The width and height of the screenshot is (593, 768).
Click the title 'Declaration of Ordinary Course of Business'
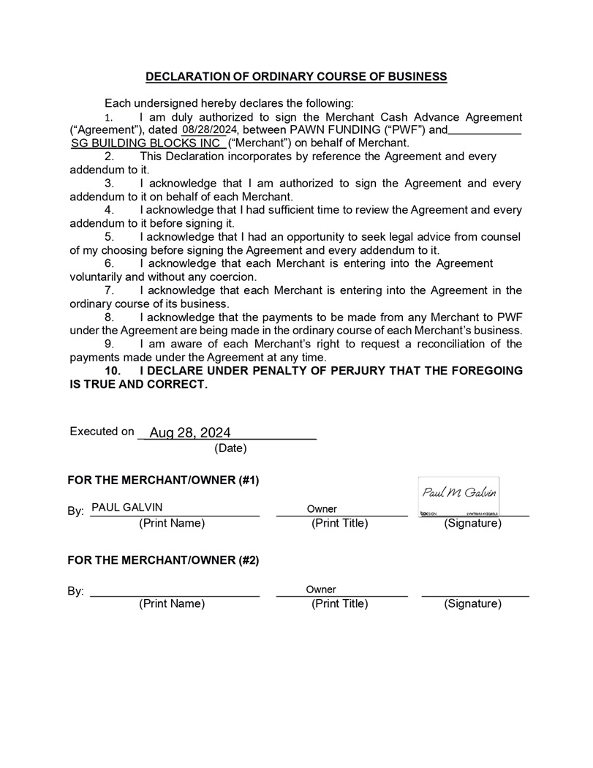click(x=296, y=76)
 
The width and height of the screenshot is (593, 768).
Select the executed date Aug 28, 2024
click(x=190, y=433)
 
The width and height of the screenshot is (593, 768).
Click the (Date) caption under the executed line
click(x=230, y=448)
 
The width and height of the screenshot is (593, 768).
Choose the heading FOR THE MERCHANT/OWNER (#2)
click(x=163, y=560)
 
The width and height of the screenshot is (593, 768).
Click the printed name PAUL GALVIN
click(x=127, y=508)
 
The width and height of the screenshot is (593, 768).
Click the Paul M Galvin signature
click(x=459, y=493)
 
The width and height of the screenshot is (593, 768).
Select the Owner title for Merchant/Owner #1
click(x=322, y=508)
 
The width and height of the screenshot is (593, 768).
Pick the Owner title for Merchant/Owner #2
click(x=321, y=589)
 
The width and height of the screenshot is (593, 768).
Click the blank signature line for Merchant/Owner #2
click(x=475, y=594)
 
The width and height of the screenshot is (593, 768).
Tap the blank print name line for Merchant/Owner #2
click(x=174, y=594)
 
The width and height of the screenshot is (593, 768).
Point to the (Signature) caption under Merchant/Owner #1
click(x=472, y=524)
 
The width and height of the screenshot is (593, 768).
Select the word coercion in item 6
click(x=230, y=277)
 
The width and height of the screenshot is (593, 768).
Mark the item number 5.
click(x=110, y=237)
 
